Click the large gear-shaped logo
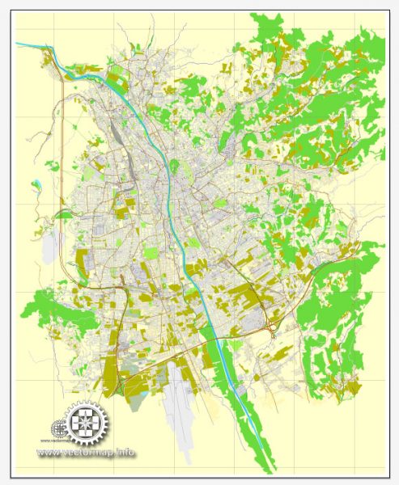coord(87,421)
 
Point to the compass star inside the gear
coord(87,421)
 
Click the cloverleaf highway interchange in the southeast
coord(274,327)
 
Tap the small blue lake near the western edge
coord(36,184)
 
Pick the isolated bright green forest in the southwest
coord(49,311)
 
